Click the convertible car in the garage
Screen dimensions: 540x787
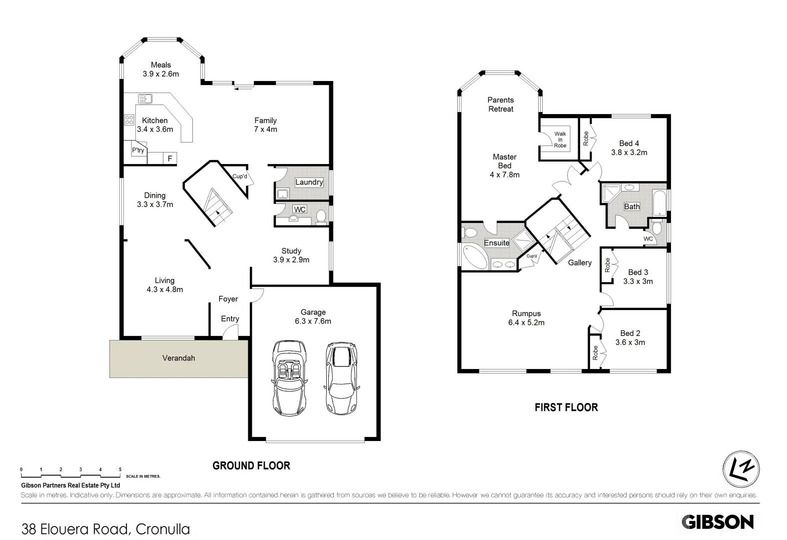point(289,378)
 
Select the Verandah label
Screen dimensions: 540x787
point(178,358)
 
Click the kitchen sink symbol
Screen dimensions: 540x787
point(145,98)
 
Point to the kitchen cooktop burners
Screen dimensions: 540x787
point(129,119)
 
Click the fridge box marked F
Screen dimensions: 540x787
point(170,158)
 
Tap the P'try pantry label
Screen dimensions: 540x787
point(138,150)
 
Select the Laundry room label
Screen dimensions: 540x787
point(309,182)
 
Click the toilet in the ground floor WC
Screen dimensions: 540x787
point(321,216)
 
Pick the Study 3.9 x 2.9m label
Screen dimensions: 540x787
point(291,255)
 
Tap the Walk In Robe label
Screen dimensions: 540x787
point(560,139)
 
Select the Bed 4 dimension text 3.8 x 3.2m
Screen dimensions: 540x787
point(629,152)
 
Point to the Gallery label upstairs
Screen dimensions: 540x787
point(580,262)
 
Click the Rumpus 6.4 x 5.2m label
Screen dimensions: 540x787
point(526,318)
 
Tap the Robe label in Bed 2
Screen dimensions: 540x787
point(595,353)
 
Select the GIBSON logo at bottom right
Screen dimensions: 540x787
point(718,522)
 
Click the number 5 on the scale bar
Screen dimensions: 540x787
point(120,469)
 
